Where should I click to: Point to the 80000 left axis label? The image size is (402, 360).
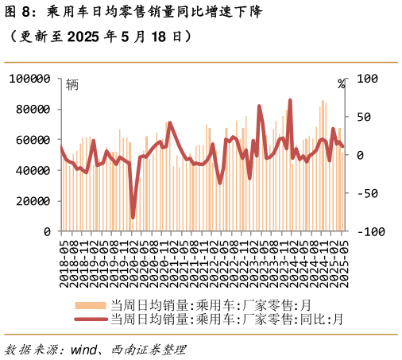pyautogui.click(x=33, y=109)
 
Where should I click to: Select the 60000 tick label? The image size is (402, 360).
pyautogui.click(x=33, y=140)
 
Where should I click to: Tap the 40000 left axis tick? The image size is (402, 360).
pyautogui.click(x=33, y=170)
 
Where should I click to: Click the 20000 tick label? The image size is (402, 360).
pyautogui.click(x=33, y=201)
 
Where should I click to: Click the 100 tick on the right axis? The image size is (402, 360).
pyautogui.click(x=366, y=79)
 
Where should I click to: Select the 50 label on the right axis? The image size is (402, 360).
pyautogui.click(x=363, y=117)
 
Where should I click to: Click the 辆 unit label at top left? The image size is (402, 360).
pyautogui.click(x=72, y=84)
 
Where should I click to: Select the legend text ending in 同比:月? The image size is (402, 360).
pyautogui.click(x=227, y=319)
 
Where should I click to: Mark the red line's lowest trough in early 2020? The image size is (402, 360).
pyautogui.click(x=133, y=217)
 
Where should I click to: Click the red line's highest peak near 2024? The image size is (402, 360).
pyautogui.click(x=290, y=101)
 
